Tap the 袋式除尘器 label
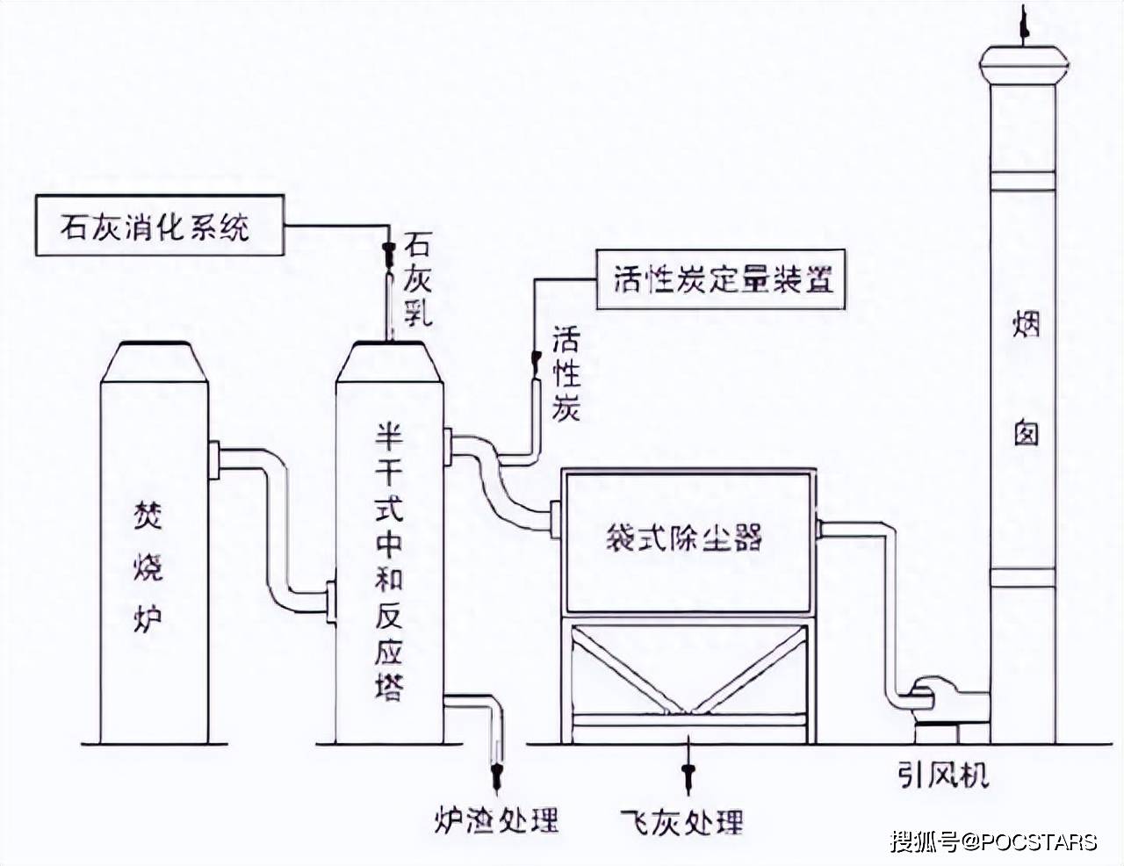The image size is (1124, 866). click(x=684, y=538)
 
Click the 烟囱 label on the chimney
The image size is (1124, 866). click(x=1025, y=378)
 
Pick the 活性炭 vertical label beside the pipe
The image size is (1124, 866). click(x=566, y=374)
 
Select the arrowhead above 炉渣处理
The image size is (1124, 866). click(x=497, y=776)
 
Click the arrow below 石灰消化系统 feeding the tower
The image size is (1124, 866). click(x=385, y=255)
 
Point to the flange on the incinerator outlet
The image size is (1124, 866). click(x=213, y=460)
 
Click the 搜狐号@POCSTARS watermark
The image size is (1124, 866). click(x=993, y=841)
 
